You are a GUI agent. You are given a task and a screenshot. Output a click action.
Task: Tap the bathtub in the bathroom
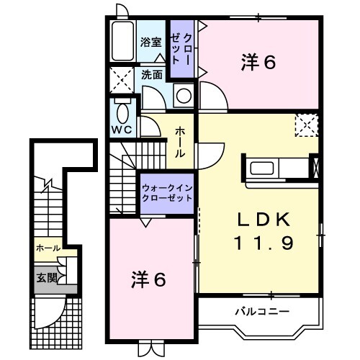123,42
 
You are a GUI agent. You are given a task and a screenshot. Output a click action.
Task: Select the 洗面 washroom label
151,73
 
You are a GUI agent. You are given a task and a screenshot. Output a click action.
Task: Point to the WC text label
120,130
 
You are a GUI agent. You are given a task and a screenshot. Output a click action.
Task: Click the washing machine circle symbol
184,94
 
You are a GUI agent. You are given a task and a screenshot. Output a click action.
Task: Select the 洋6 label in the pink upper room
258,63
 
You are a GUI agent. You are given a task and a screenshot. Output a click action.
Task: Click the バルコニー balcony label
261,312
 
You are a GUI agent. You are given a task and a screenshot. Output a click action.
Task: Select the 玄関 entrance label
45,276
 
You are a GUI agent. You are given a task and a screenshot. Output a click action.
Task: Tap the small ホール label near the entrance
48,248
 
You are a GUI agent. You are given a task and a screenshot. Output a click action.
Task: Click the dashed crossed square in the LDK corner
307,125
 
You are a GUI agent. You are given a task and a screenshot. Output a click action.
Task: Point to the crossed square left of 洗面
121,79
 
